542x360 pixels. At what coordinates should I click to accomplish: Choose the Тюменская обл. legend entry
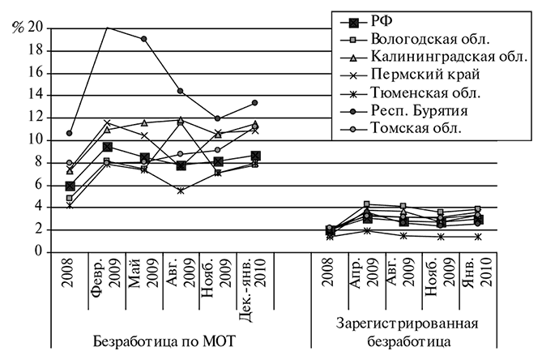tap(418, 92)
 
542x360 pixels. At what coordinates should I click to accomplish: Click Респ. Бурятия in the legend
tap(417, 110)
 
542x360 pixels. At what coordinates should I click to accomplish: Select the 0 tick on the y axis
tap(37, 252)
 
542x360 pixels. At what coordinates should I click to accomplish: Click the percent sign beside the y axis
tap(16, 28)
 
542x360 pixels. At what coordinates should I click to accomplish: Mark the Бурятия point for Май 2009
tap(143, 39)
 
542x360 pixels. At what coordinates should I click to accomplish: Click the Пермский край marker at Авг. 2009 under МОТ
tap(181, 191)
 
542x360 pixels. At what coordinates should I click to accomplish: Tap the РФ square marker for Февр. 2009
tap(107, 147)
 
